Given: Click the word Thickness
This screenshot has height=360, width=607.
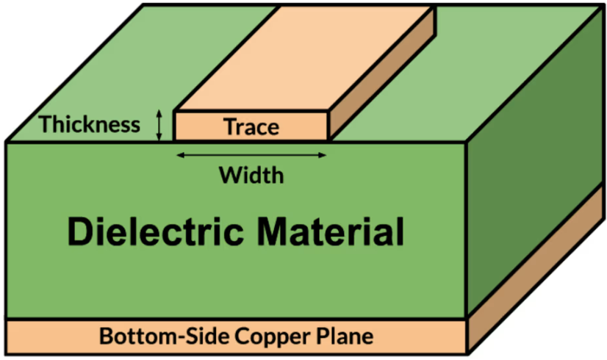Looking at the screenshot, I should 90,124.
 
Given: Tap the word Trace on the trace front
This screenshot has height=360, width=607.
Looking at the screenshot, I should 251,127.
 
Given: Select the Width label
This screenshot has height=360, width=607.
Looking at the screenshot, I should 251,176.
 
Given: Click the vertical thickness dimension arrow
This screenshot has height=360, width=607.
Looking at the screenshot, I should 159,124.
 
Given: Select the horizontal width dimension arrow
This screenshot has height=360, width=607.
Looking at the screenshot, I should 251,155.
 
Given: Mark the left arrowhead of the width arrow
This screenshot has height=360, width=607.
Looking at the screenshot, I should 179,155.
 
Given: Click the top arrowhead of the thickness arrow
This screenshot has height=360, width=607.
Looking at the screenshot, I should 159,112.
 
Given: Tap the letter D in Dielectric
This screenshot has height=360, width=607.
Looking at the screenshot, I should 79,232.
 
